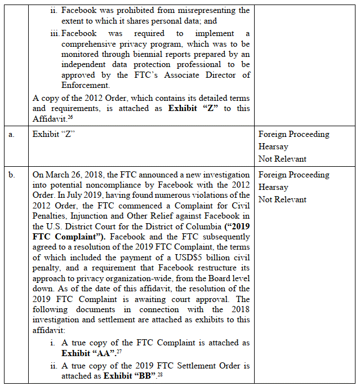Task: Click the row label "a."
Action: [11, 135]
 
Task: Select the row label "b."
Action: [11, 175]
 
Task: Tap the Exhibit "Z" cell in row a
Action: [54, 135]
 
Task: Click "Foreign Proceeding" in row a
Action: [294, 135]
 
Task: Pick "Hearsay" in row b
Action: [273, 187]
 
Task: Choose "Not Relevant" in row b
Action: [282, 199]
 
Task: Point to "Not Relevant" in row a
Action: [282, 159]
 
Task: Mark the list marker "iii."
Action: [55, 34]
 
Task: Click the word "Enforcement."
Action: [85, 86]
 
